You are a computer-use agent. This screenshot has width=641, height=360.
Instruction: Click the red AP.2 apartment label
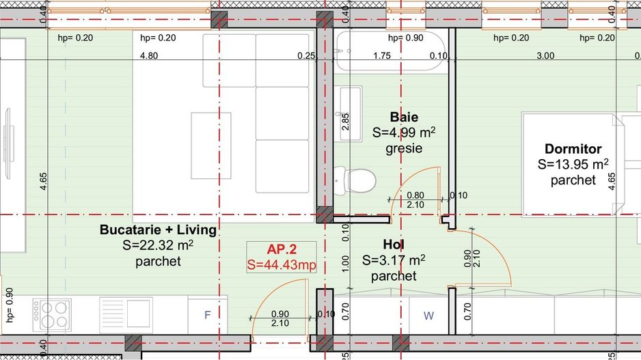[282, 250]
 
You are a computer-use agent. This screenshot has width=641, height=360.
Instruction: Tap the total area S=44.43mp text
[282, 265]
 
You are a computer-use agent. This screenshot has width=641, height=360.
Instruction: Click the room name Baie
[404, 117]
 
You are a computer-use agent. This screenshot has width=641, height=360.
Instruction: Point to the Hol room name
[393, 244]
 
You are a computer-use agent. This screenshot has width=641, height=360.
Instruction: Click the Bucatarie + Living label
[158, 230]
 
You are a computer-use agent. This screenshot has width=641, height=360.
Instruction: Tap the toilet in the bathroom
[359, 180]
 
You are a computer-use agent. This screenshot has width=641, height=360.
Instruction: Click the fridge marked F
[208, 315]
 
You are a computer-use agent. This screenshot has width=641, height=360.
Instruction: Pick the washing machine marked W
[428, 315]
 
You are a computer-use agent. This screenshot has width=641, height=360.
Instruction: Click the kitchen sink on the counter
[125, 314]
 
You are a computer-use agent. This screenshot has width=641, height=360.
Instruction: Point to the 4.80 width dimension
[149, 56]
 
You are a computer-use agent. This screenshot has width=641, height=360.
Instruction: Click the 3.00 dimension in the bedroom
[545, 56]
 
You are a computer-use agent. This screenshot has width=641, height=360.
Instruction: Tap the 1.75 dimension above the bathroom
[381, 56]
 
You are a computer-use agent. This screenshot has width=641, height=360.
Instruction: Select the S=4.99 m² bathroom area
[404, 132]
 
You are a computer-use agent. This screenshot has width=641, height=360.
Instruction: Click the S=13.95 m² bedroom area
[573, 165]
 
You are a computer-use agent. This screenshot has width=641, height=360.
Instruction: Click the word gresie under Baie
[404, 148]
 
